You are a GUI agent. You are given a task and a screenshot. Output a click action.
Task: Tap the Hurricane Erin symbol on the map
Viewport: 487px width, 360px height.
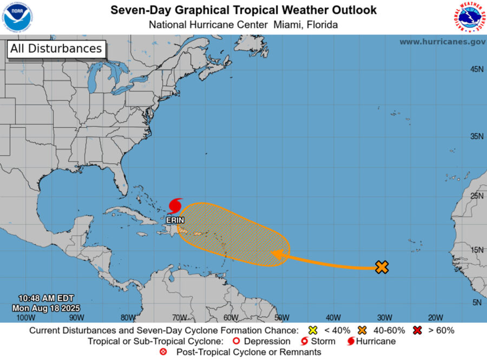click(x=175, y=206)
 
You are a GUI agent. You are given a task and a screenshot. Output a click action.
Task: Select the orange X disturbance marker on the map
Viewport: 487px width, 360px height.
click(x=382, y=266)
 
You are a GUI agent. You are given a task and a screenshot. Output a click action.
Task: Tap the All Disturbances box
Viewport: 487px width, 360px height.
click(x=56, y=49)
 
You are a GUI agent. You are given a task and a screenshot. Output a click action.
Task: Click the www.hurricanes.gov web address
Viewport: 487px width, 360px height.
click(x=442, y=42)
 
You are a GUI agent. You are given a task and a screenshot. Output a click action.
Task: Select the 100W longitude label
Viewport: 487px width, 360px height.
click(x=23, y=317)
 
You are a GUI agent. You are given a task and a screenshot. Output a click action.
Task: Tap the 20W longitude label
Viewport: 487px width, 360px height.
click(x=435, y=317)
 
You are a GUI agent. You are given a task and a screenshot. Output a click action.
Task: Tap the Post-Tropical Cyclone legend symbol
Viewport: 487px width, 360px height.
click(x=163, y=352)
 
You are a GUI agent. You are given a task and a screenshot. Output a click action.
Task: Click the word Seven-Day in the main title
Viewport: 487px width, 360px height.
click(x=135, y=10)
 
